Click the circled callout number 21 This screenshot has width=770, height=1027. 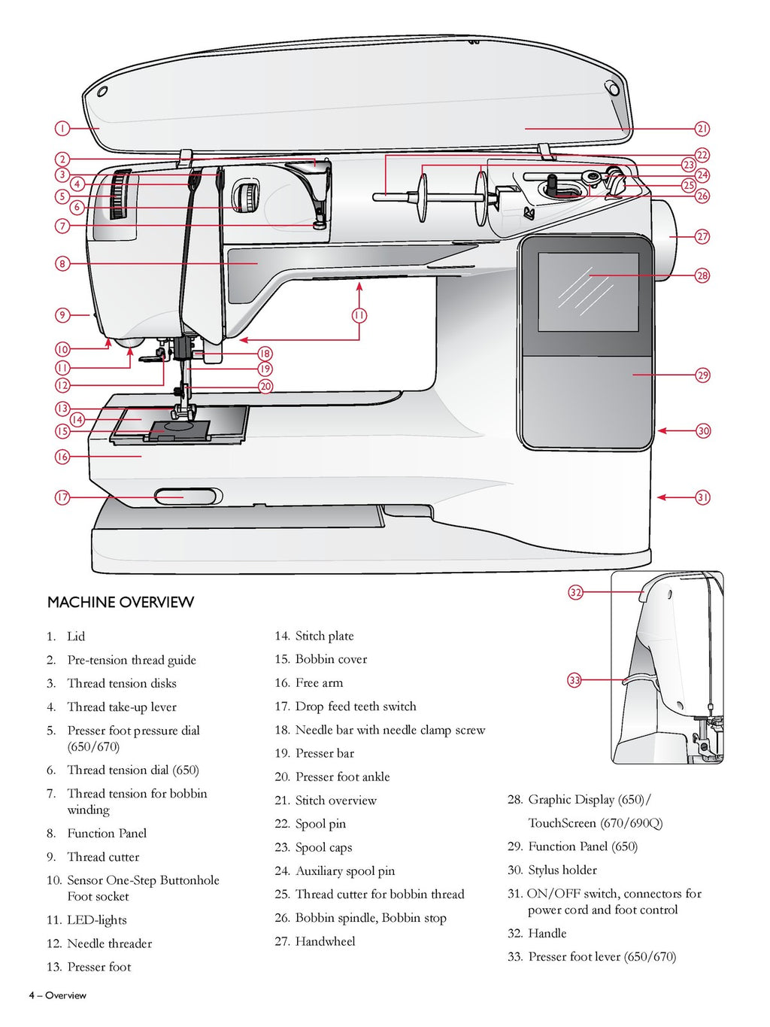702,129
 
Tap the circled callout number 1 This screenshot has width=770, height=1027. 62,129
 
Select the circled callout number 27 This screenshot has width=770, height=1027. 702,236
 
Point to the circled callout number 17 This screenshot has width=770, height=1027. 62,497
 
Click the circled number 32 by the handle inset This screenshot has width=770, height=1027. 575,592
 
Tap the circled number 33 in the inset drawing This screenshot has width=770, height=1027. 574,680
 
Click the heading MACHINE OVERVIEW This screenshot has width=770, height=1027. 120,602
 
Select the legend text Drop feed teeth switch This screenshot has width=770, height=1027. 355,706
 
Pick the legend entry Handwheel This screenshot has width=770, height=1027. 325,941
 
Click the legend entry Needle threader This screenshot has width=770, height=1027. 109,943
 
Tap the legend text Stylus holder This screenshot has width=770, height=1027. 562,871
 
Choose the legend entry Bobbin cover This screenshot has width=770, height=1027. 331,659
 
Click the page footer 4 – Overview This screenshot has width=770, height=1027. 58,995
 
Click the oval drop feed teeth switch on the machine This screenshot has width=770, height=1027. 186,497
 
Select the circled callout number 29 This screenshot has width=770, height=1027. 702,375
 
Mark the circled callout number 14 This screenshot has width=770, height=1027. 77,420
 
